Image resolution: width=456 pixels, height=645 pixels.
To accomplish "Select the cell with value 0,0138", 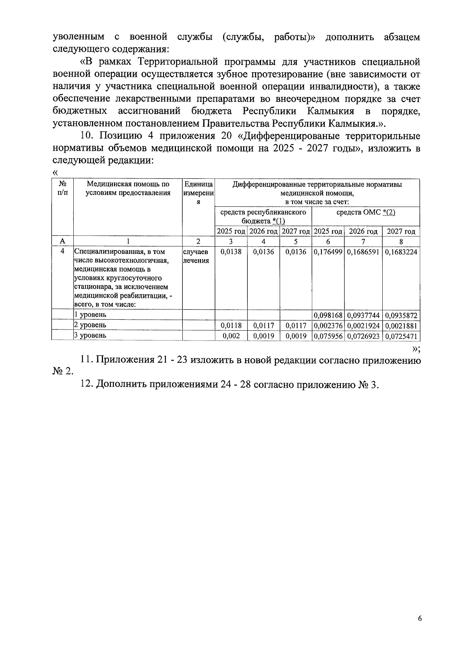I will tap(231, 252).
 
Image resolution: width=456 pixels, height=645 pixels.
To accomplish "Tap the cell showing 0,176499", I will tap(328, 252).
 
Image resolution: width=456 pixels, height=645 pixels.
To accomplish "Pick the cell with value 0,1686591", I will tap(363, 252).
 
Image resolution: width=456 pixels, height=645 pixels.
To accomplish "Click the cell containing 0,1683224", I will tap(401, 252).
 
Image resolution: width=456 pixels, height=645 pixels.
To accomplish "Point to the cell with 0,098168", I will tap(328, 315).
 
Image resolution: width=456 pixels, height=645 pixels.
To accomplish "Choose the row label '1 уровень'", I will tap(90, 315).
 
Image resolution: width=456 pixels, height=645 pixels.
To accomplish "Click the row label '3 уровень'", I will tap(90, 335).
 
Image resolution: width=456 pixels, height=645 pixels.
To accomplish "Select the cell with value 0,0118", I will tap(231, 326).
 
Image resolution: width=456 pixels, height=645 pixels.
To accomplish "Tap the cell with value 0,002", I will tap(231, 336).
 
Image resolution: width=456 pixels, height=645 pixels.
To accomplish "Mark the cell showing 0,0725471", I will tap(401, 336).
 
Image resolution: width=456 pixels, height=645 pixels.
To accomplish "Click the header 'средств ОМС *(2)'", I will tap(366, 212).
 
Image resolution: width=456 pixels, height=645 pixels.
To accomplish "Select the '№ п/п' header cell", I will tap(63, 188).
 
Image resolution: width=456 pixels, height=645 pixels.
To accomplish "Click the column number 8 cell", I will tap(401, 241).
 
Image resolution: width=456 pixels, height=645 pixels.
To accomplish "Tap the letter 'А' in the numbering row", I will tap(63, 241).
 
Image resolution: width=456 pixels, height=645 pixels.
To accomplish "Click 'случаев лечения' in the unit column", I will tap(196, 256).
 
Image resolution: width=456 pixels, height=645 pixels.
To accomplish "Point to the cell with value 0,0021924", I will tap(363, 326).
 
